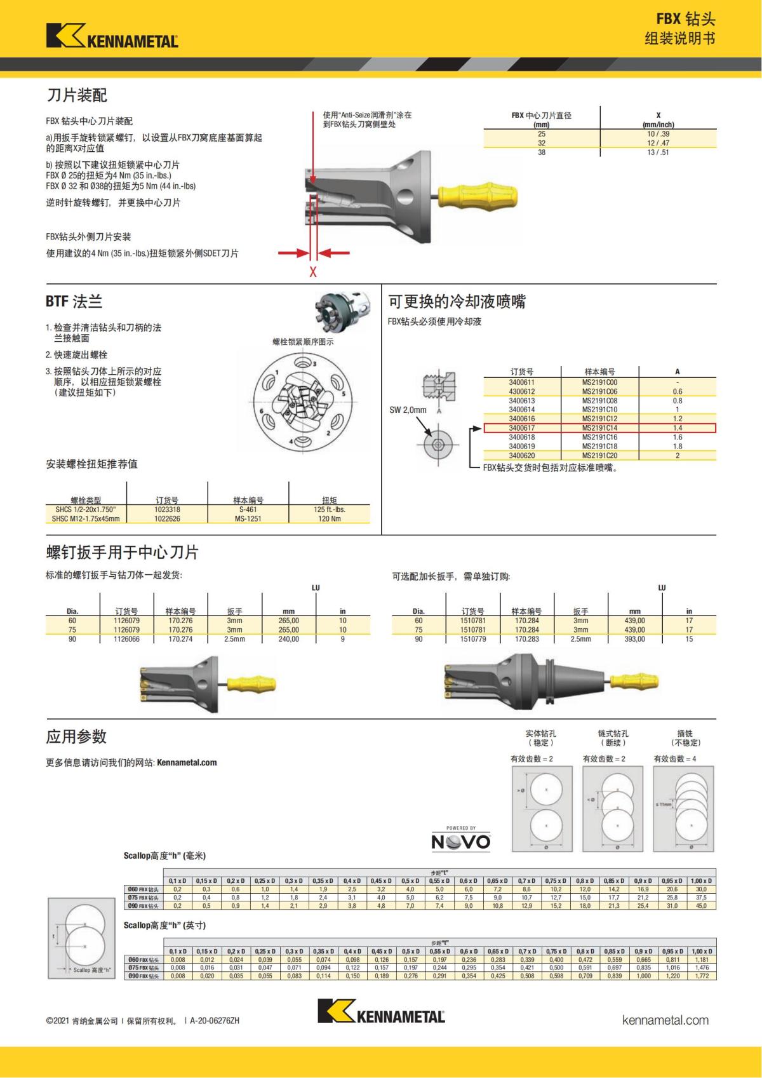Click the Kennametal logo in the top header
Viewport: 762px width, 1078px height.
click(112, 36)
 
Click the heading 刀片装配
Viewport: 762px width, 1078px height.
click(77, 95)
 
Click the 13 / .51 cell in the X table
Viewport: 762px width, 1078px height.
click(658, 152)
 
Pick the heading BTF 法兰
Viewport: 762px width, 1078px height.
click(74, 302)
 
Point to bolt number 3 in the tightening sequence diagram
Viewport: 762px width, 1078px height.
click(313, 363)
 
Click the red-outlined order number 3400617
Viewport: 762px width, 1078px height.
click(521, 428)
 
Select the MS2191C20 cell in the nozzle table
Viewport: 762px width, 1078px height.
click(599, 455)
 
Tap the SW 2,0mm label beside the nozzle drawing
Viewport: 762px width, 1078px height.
click(408, 410)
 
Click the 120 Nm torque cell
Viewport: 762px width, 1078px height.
click(329, 518)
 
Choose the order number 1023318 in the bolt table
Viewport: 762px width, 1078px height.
click(167, 509)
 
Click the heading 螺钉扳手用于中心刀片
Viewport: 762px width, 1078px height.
click(122, 551)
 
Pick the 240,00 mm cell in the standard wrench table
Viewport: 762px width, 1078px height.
click(289, 639)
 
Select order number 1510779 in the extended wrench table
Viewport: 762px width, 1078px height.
click(473, 639)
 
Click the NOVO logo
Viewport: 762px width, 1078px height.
click(461, 842)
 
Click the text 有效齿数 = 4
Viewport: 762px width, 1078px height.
click(675, 758)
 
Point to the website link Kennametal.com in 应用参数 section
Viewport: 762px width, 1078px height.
click(187, 762)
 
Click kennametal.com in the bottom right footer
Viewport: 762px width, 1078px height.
click(665, 1020)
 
